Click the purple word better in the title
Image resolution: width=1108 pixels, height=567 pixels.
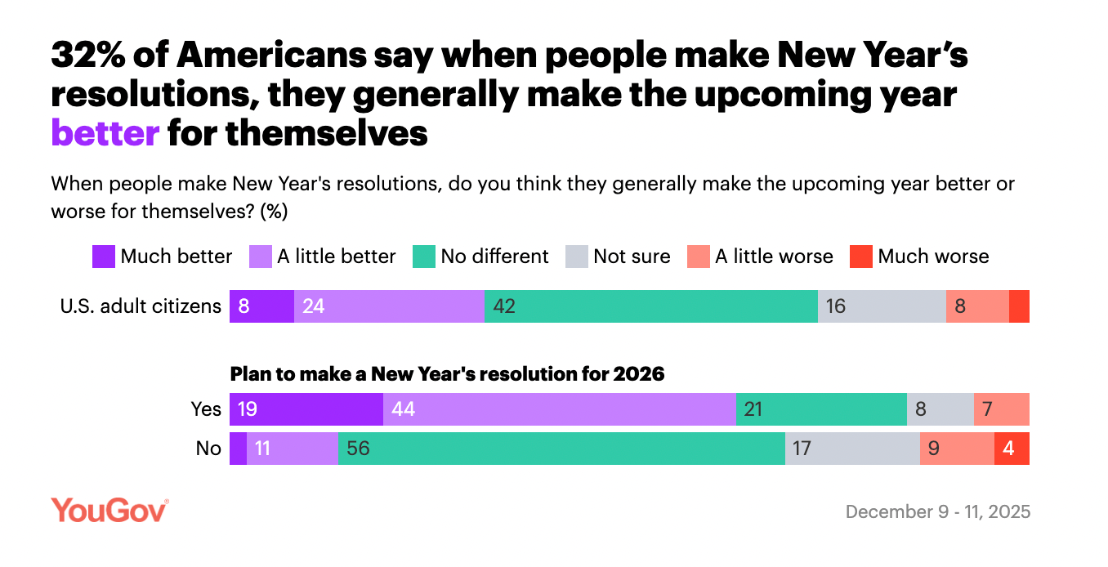point(105,132)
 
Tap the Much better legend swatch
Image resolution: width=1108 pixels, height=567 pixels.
point(103,257)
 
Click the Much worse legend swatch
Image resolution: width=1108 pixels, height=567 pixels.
point(861,257)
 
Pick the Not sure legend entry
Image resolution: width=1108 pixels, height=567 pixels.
point(619,257)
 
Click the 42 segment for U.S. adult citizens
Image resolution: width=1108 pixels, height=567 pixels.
point(651,306)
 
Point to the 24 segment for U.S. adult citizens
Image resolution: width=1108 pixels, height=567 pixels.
point(389,306)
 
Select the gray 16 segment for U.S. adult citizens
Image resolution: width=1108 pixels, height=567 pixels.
point(882,306)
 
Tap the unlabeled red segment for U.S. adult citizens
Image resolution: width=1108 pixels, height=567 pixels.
point(1019,306)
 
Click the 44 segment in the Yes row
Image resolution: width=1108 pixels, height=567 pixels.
point(560,409)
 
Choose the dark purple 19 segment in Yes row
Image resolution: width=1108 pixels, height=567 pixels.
point(306,409)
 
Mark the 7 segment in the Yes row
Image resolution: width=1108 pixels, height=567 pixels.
point(1001,409)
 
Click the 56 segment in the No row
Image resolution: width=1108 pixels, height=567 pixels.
point(561,449)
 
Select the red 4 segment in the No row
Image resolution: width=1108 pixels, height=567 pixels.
point(1012,449)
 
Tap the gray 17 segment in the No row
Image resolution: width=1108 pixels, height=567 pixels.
point(852,449)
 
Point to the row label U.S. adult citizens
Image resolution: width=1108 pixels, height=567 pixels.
point(141,306)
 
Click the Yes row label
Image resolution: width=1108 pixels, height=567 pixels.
point(206,409)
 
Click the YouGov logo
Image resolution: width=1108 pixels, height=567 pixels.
point(109,511)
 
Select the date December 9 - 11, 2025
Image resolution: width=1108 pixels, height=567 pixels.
point(938,512)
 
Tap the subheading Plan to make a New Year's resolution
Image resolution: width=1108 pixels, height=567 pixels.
point(448,374)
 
